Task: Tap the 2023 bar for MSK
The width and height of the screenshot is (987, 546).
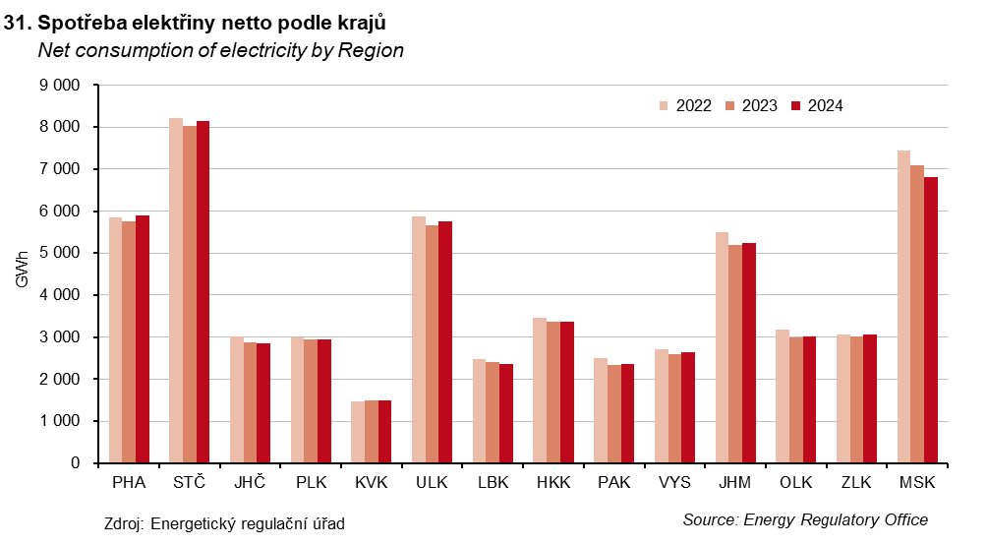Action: point(917,314)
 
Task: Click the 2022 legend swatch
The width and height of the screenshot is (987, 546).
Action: point(666,106)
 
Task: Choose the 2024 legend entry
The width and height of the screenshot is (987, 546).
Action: point(817,106)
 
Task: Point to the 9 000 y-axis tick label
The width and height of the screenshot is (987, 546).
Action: point(60,86)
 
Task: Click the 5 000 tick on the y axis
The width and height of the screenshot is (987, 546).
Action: point(60,253)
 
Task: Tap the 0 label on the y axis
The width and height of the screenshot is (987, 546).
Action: point(76,463)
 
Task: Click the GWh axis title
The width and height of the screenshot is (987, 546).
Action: point(22,274)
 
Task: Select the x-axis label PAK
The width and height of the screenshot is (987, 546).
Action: point(614,484)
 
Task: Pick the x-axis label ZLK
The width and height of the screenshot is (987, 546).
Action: point(857,484)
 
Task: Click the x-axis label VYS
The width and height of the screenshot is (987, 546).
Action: point(674,484)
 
